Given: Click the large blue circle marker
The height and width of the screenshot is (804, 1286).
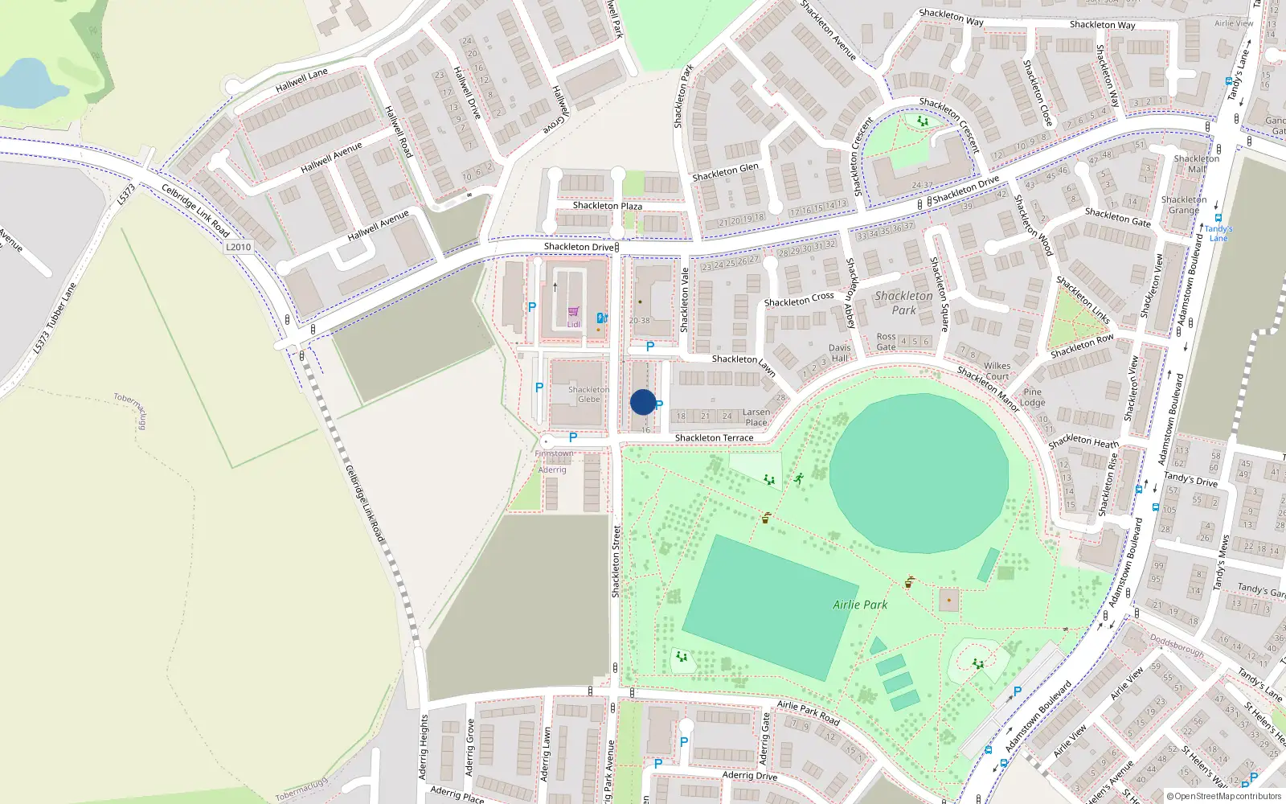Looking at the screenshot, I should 643,402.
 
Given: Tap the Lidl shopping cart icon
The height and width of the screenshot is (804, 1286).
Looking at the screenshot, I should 573,312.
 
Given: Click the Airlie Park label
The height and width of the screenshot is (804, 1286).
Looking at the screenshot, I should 860,605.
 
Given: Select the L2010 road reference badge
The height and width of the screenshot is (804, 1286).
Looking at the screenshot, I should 239,247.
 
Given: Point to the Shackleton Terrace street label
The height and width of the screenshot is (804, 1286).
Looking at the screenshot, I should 714,438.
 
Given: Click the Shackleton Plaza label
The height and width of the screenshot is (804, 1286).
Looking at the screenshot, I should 607,206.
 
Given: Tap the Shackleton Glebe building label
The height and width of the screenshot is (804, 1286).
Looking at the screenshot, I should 588,395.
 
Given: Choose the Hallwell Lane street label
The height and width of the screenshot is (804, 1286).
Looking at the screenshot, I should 301,79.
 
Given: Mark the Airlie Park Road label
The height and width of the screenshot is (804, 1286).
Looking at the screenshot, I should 808,712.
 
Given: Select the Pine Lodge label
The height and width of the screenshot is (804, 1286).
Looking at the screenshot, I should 1033,397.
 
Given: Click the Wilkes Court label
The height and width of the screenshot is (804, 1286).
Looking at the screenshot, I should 997,371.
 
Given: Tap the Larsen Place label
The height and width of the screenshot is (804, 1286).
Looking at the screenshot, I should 756,417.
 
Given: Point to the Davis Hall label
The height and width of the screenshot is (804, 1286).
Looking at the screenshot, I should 840,353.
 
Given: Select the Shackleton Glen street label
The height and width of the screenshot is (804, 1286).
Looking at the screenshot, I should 725,172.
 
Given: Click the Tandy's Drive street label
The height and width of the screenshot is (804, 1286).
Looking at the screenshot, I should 1190,480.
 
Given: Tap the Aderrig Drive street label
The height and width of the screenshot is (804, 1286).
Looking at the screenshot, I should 749,776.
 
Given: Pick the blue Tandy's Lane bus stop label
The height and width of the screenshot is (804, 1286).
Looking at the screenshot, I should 1218,233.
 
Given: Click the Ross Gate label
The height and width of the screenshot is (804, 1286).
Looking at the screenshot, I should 886,342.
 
